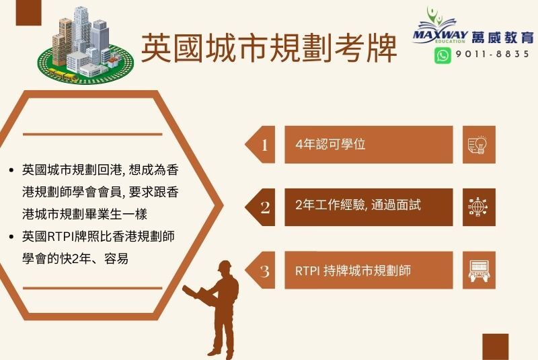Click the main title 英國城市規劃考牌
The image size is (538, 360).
coord(269,48)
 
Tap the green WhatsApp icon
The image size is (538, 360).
coord(443,55)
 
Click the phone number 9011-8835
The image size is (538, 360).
coord(492,55)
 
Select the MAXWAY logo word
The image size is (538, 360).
coord(440,35)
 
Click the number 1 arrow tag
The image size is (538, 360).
coord(260,145)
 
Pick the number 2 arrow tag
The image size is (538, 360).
coord(260,207)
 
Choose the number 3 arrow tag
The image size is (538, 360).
coord(260,270)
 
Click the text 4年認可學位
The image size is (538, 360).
coord(330,144)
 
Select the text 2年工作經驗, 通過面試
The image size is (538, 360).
coord(358,205)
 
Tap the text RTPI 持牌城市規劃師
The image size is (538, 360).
coord(352,271)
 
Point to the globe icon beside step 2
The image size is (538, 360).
coord(478,207)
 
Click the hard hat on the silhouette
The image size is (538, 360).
coord(225,266)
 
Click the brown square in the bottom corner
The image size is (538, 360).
coord(495,347)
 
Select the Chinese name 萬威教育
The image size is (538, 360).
coord(502,38)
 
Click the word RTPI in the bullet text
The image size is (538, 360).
coord(59,236)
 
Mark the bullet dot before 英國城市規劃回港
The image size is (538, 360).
coord(11,170)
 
